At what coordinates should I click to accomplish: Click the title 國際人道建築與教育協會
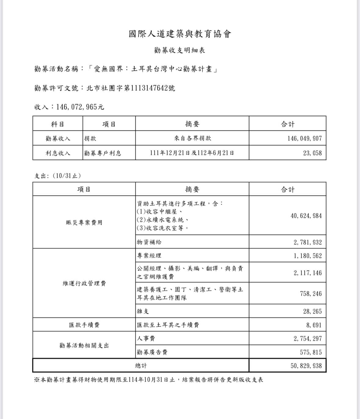180,34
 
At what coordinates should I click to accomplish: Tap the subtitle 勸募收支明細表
180,50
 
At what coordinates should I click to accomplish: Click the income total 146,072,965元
80,107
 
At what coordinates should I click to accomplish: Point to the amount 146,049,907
304,138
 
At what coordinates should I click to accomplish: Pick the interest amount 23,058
312,153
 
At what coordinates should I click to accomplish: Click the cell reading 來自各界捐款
192,138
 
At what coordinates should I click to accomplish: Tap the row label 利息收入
58,153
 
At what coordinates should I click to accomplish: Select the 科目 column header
58,124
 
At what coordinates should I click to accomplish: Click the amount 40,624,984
306,216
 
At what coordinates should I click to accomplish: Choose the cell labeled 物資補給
149,242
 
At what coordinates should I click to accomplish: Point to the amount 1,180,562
308,256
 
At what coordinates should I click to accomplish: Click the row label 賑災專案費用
84,222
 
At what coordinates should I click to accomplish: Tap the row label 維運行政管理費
84,284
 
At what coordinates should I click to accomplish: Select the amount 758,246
311,294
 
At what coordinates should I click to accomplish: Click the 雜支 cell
143,311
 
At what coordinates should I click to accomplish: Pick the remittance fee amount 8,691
314,325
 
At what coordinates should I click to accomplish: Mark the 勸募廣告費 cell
152,352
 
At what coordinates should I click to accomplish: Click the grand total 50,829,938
306,366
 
